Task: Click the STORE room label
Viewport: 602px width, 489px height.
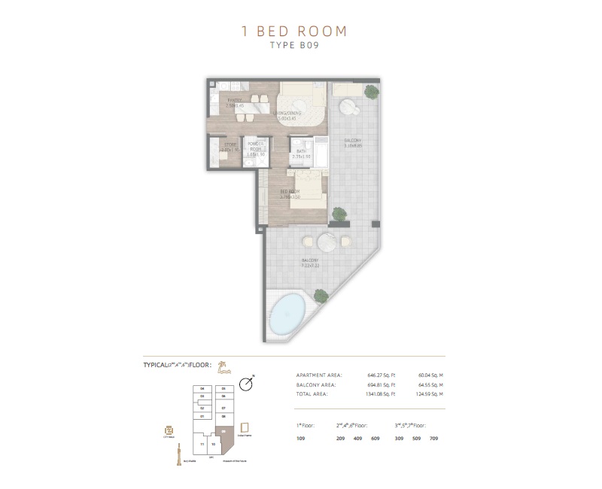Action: (x=230, y=147)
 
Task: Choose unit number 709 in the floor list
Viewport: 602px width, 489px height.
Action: (x=433, y=437)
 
